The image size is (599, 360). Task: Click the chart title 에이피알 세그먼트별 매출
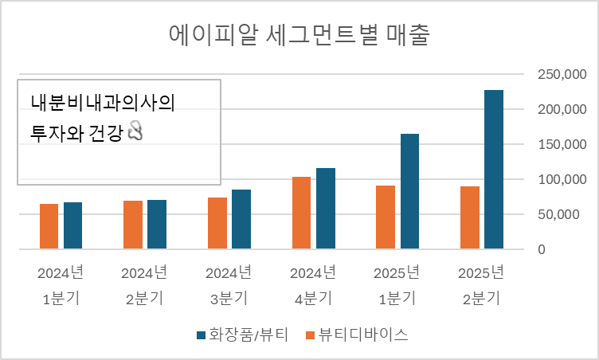click(299, 36)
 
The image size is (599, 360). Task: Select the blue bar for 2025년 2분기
click(494, 169)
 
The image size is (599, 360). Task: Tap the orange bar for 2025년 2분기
click(470, 217)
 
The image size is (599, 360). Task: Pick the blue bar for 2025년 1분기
click(409, 191)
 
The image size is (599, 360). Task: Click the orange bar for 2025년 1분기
click(386, 217)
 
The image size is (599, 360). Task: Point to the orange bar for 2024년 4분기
click(301, 213)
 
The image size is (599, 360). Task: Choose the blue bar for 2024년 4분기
click(325, 209)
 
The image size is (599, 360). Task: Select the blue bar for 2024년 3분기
click(241, 219)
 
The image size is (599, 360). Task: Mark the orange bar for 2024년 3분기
click(217, 223)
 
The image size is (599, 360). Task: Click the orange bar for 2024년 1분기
click(49, 226)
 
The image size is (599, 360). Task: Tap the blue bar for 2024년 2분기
click(157, 225)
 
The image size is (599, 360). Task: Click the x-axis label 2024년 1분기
click(61, 285)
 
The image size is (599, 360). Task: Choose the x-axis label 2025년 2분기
click(481, 285)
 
